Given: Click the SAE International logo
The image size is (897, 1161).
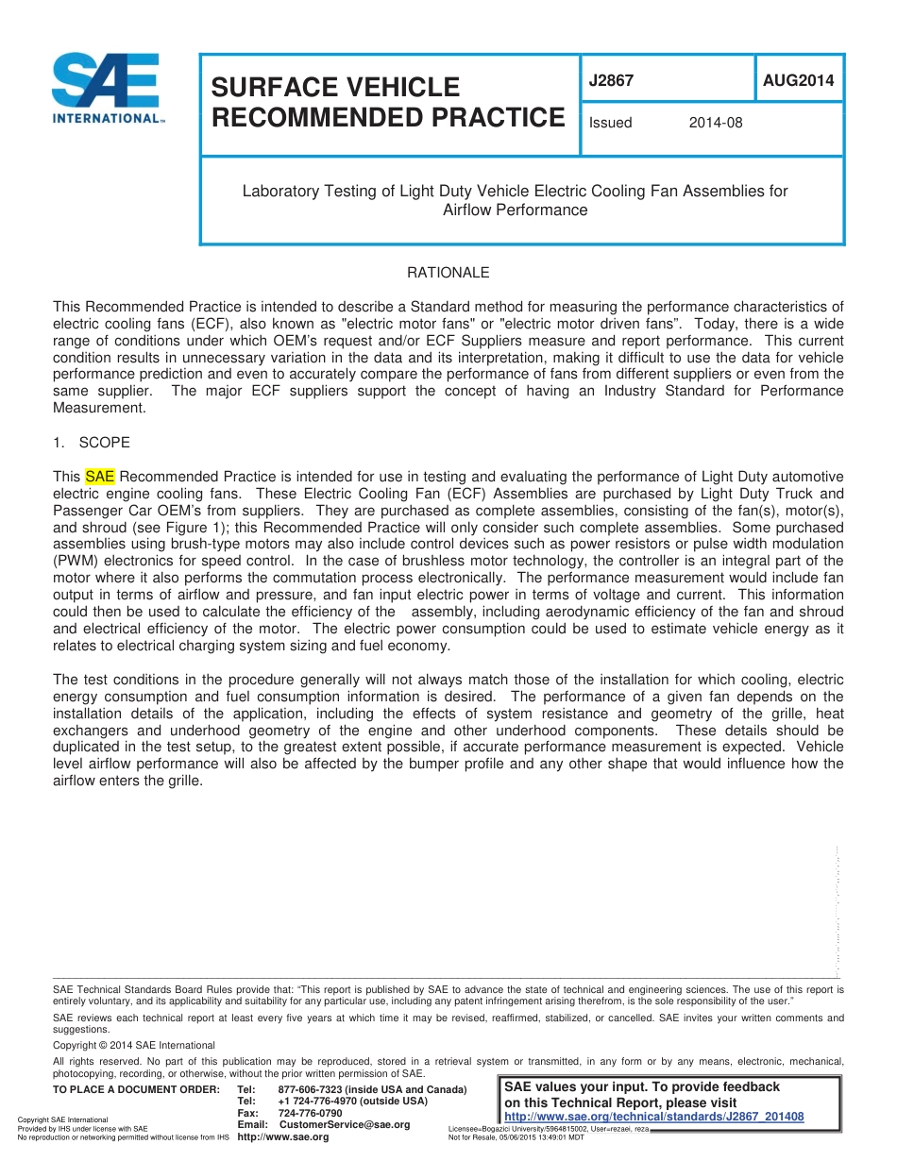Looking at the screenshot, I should click(x=107, y=89).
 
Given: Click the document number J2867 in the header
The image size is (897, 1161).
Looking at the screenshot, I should click(x=611, y=81).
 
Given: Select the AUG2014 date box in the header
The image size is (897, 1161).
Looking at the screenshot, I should click(x=798, y=81).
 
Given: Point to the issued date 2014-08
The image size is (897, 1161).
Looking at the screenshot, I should click(x=716, y=123).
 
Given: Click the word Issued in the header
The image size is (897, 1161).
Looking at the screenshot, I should click(x=610, y=123).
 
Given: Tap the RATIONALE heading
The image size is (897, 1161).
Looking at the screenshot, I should click(x=448, y=273).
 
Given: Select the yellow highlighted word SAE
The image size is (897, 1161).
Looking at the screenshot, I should click(x=99, y=477).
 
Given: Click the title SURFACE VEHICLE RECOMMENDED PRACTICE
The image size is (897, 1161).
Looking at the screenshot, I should click(x=387, y=102).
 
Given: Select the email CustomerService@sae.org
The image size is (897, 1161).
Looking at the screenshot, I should click(x=345, y=1124).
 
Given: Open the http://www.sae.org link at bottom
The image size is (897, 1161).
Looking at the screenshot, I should click(x=282, y=1136).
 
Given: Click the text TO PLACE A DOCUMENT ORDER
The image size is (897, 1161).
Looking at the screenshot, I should click(x=136, y=1090).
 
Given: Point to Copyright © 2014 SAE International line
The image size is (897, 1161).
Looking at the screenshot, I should click(x=134, y=1045).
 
